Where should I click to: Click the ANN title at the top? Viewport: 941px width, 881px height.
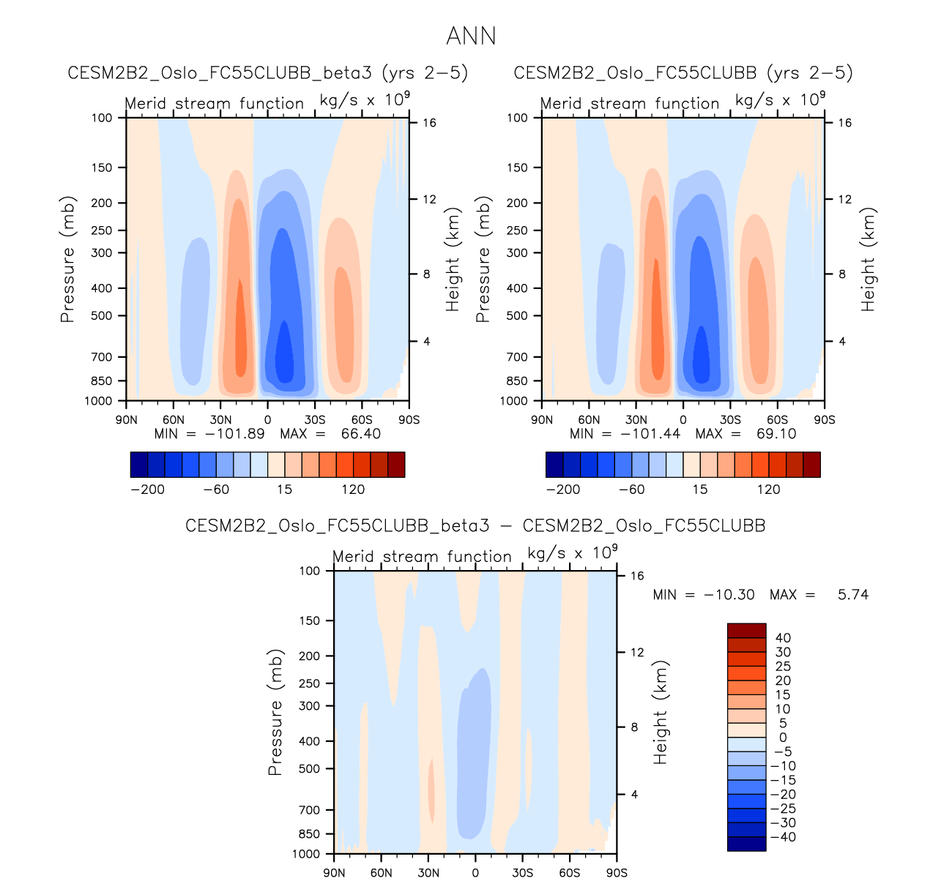(x=471, y=36)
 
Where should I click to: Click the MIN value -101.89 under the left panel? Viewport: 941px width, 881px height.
(x=234, y=434)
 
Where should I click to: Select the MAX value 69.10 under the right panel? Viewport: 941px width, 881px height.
(x=776, y=434)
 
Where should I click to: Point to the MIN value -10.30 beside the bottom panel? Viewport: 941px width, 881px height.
(x=729, y=595)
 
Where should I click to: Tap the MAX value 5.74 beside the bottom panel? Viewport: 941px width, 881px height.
(x=853, y=595)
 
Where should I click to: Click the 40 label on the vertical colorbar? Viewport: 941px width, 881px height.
(x=783, y=638)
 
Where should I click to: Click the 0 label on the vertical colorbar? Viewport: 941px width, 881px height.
(x=783, y=738)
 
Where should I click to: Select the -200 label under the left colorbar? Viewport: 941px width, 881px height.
(x=147, y=490)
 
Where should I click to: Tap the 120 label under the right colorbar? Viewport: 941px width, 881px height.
(x=768, y=490)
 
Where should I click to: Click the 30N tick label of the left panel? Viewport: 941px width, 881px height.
(x=220, y=420)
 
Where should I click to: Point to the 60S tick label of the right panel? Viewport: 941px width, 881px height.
(x=777, y=420)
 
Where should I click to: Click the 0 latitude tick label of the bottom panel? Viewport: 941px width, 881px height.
(x=475, y=873)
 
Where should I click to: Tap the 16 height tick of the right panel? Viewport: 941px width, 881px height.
(x=844, y=123)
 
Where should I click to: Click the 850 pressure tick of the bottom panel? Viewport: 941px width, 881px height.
(x=310, y=834)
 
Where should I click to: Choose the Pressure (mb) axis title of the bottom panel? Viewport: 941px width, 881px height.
(x=275, y=712)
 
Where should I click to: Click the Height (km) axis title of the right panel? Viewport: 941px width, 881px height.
(x=869, y=260)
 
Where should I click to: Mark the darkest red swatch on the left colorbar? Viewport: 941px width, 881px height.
(x=396, y=465)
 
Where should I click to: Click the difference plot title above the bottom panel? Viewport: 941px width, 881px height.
(x=475, y=526)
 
